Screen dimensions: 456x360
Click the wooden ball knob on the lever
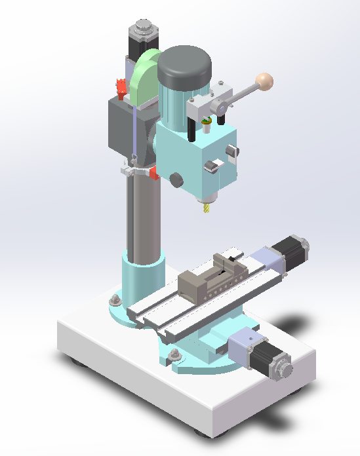265,81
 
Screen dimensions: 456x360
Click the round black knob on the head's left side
176,179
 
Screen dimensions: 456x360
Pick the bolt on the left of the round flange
115,301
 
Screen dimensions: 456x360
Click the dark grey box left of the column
121,128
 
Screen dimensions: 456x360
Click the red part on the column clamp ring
153,174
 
